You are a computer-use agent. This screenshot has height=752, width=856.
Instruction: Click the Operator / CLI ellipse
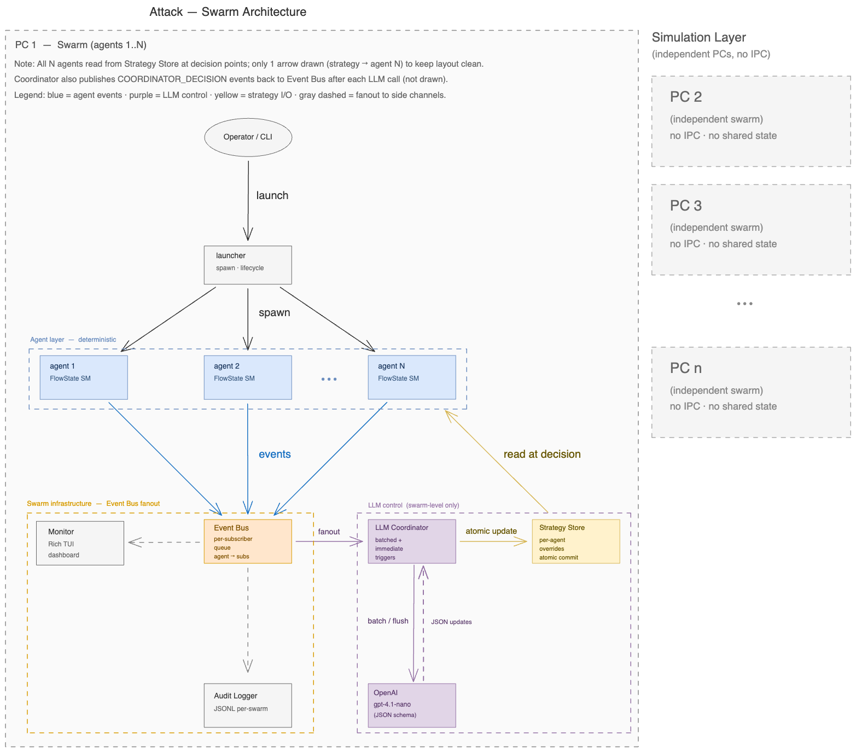(x=248, y=137)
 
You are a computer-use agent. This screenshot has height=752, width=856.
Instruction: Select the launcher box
(x=248, y=265)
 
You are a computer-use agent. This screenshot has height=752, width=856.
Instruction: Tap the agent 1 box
(x=84, y=377)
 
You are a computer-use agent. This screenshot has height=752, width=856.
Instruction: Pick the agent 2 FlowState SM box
(x=248, y=377)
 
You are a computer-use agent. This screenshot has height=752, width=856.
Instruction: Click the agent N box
(x=412, y=377)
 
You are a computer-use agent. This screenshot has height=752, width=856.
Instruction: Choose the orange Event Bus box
(x=248, y=541)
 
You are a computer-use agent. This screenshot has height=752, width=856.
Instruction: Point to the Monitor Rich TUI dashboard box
(x=80, y=543)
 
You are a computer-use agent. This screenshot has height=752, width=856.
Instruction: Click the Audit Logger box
(x=248, y=705)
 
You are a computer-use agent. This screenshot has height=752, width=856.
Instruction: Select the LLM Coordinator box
(x=412, y=541)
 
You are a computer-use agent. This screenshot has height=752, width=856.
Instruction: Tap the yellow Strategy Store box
(x=576, y=541)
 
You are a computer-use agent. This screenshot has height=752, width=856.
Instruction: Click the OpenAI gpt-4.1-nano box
(x=412, y=705)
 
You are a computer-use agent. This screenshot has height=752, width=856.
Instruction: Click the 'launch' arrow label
(x=272, y=196)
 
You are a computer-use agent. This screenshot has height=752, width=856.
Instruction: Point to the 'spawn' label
(x=274, y=313)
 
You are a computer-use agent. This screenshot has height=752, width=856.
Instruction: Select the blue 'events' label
(x=275, y=454)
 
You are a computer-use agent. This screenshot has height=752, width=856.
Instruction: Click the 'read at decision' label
(x=541, y=454)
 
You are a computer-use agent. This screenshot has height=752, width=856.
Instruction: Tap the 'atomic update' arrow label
(x=491, y=531)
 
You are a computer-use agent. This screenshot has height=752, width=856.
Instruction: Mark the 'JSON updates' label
(x=451, y=622)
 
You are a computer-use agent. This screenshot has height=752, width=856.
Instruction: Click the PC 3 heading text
(x=685, y=206)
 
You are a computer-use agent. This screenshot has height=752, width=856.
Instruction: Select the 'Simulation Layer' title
(x=698, y=38)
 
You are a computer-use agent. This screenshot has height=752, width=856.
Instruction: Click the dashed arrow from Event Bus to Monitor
(x=164, y=543)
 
